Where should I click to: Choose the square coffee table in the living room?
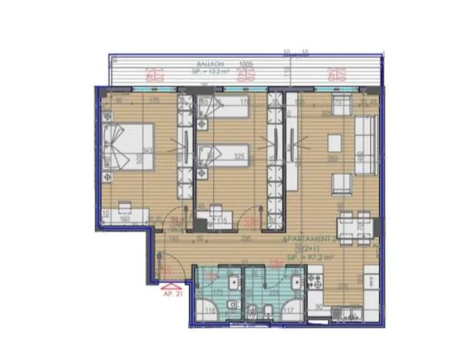(335, 143)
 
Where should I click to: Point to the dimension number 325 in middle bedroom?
(240, 157)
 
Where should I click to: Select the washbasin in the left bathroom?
(233, 282)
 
